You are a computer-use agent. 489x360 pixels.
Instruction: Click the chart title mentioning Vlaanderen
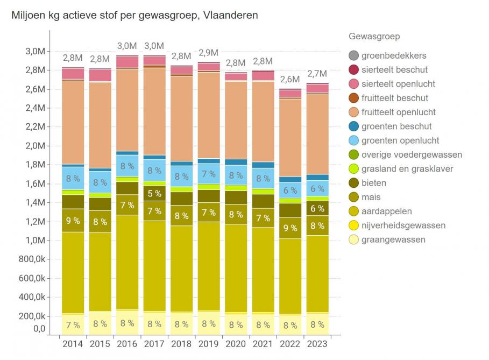(x=134, y=15)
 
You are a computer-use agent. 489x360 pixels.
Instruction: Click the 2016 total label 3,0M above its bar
(x=127, y=46)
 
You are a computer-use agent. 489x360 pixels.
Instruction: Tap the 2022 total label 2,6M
(x=290, y=80)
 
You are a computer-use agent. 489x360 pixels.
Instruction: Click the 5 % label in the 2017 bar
(x=154, y=194)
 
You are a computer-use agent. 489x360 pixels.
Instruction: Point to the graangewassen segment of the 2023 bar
(x=317, y=324)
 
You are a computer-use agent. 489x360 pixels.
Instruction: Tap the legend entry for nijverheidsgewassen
(x=403, y=225)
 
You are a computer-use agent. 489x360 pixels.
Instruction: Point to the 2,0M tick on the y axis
(x=33, y=146)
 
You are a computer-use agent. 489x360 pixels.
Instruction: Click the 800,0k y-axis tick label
(x=30, y=259)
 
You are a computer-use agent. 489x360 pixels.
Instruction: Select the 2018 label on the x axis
(x=181, y=344)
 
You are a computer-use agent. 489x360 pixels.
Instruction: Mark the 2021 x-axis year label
(x=263, y=344)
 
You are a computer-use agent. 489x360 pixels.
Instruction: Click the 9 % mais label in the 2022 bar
(x=290, y=228)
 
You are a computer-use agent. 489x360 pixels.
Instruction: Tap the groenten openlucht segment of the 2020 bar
(x=236, y=175)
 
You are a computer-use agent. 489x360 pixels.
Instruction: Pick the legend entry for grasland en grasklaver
(x=407, y=169)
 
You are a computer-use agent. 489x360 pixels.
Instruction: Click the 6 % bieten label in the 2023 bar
(x=317, y=209)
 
